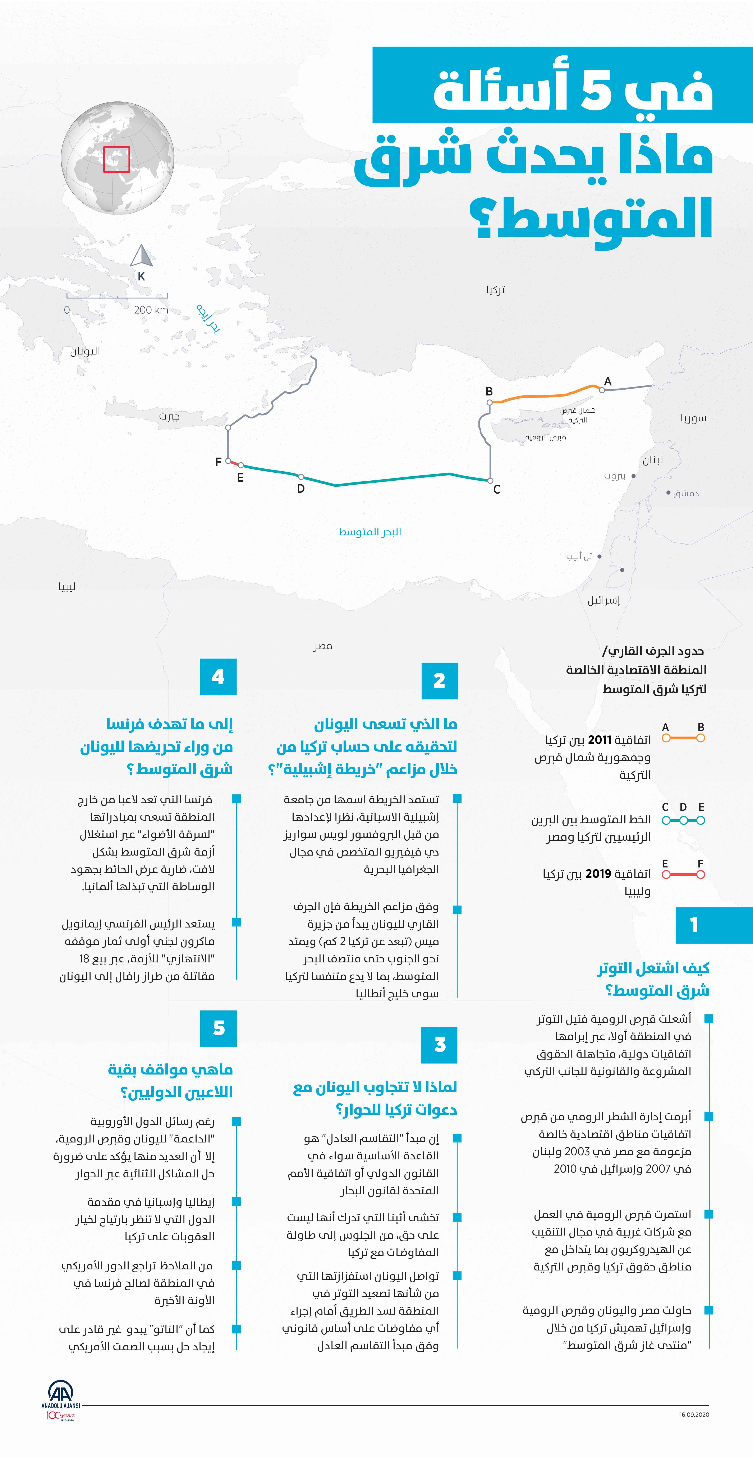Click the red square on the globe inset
coord(116,160)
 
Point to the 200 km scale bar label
coord(151,310)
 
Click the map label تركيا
coord(495,290)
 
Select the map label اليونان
coord(85,351)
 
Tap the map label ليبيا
coord(67,587)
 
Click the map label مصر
coord(322,646)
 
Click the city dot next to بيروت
coord(633,476)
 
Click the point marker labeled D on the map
coord(301,477)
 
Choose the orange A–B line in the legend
coord(683,738)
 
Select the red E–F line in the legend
coord(683,875)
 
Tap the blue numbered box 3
coord(440,1045)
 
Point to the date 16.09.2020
coord(694,1415)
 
